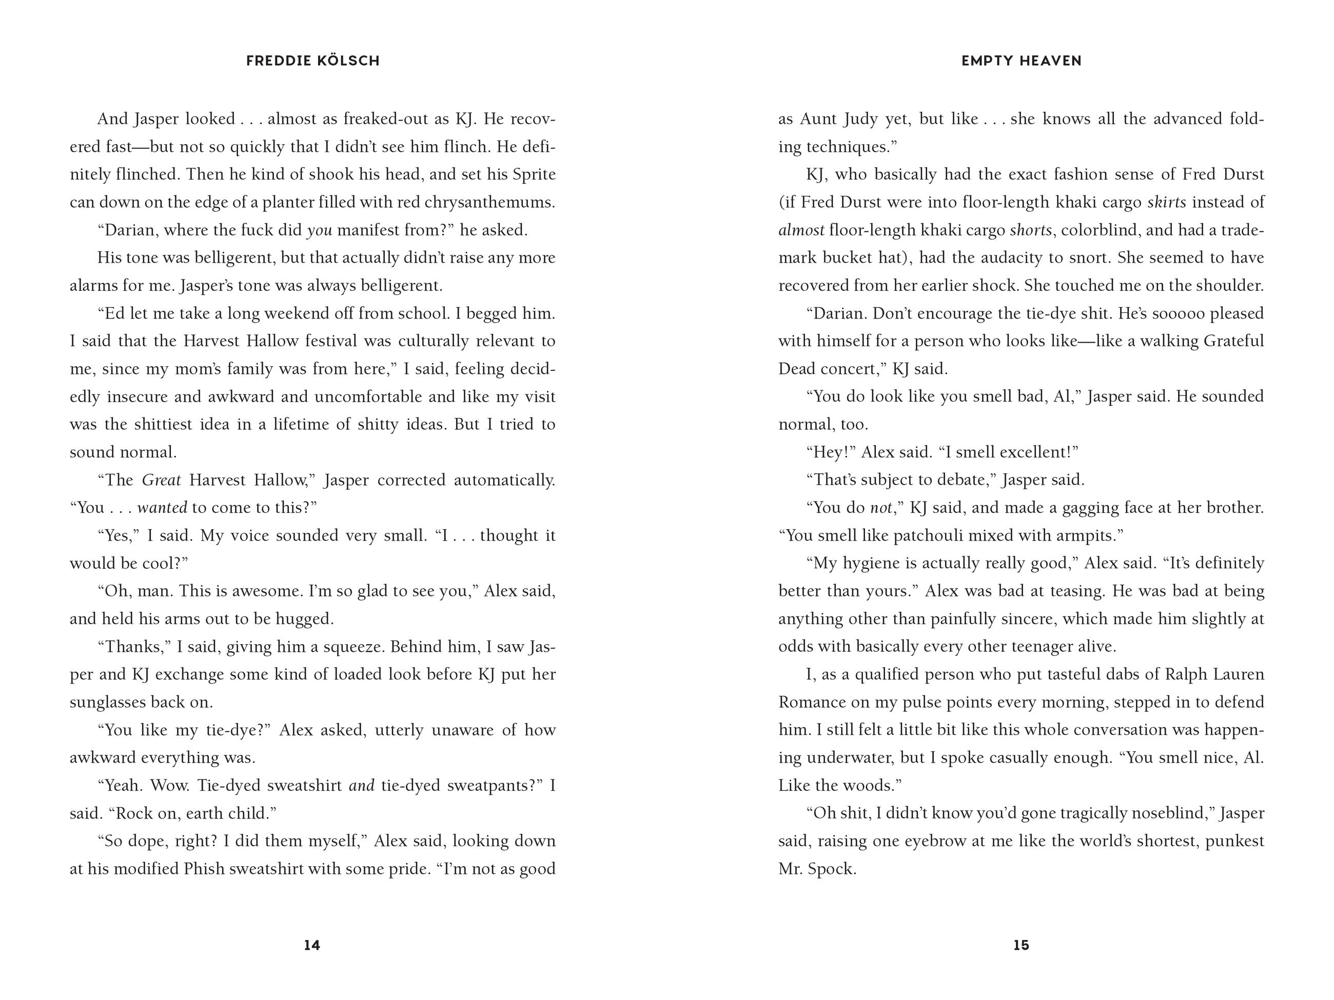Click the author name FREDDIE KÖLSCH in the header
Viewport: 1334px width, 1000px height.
pos(313,61)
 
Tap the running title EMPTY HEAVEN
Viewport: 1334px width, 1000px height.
pos(1021,61)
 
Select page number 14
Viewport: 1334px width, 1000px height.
pos(312,945)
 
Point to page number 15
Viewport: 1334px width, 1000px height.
pos(1021,945)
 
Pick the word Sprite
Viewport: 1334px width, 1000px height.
pos(534,175)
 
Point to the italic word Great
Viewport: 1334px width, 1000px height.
pos(161,481)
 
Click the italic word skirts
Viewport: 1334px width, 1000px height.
pos(1166,203)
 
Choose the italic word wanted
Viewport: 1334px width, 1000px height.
pos(162,508)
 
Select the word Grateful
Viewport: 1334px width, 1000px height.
pos(1233,341)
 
